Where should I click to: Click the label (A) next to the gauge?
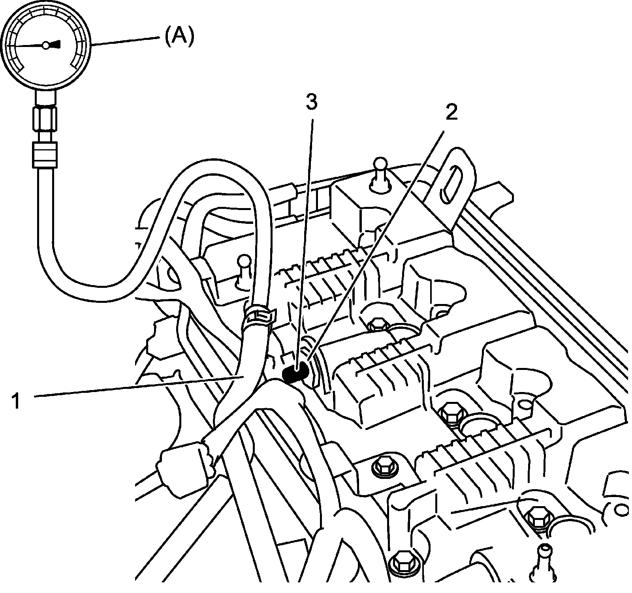(x=179, y=38)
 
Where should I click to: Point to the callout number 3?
(x=311, y=103)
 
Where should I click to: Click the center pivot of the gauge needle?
(x=46, y=45)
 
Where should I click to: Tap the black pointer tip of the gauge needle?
(x=58, y=44)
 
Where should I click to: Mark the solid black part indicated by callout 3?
(x=295, y=373)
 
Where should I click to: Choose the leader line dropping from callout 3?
(x=305, y=237)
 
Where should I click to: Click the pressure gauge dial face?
(x=46, y=45)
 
